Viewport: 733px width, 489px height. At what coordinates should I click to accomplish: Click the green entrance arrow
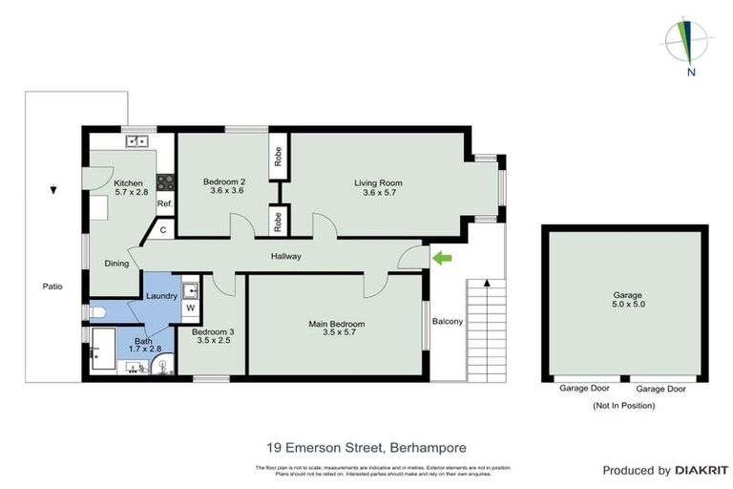(x=441, y=257)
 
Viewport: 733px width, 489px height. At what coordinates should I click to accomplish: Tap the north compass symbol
(x=686, y=42)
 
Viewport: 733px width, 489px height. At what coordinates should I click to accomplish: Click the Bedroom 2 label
(x=225, y=186)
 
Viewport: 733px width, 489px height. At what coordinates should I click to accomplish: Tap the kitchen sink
(x=137, y=142)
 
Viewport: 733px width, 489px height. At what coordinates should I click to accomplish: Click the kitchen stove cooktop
(x=165, y=181)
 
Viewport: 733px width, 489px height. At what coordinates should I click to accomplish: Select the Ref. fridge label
(x=164, y=203)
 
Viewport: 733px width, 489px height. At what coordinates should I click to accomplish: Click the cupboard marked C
(x=163, y=229)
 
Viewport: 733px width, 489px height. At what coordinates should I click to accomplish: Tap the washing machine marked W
(x=189, y=308)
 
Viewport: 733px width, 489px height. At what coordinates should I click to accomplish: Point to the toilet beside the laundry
(x=94, y=311)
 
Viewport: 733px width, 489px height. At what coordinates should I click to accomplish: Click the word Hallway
(x=286, y=256)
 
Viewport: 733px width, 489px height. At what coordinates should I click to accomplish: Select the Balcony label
(x=447, y=321)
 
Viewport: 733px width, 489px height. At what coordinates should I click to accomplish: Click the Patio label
(x=52, y=286)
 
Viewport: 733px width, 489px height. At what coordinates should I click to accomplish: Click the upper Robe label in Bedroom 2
(x=278, y=157)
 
